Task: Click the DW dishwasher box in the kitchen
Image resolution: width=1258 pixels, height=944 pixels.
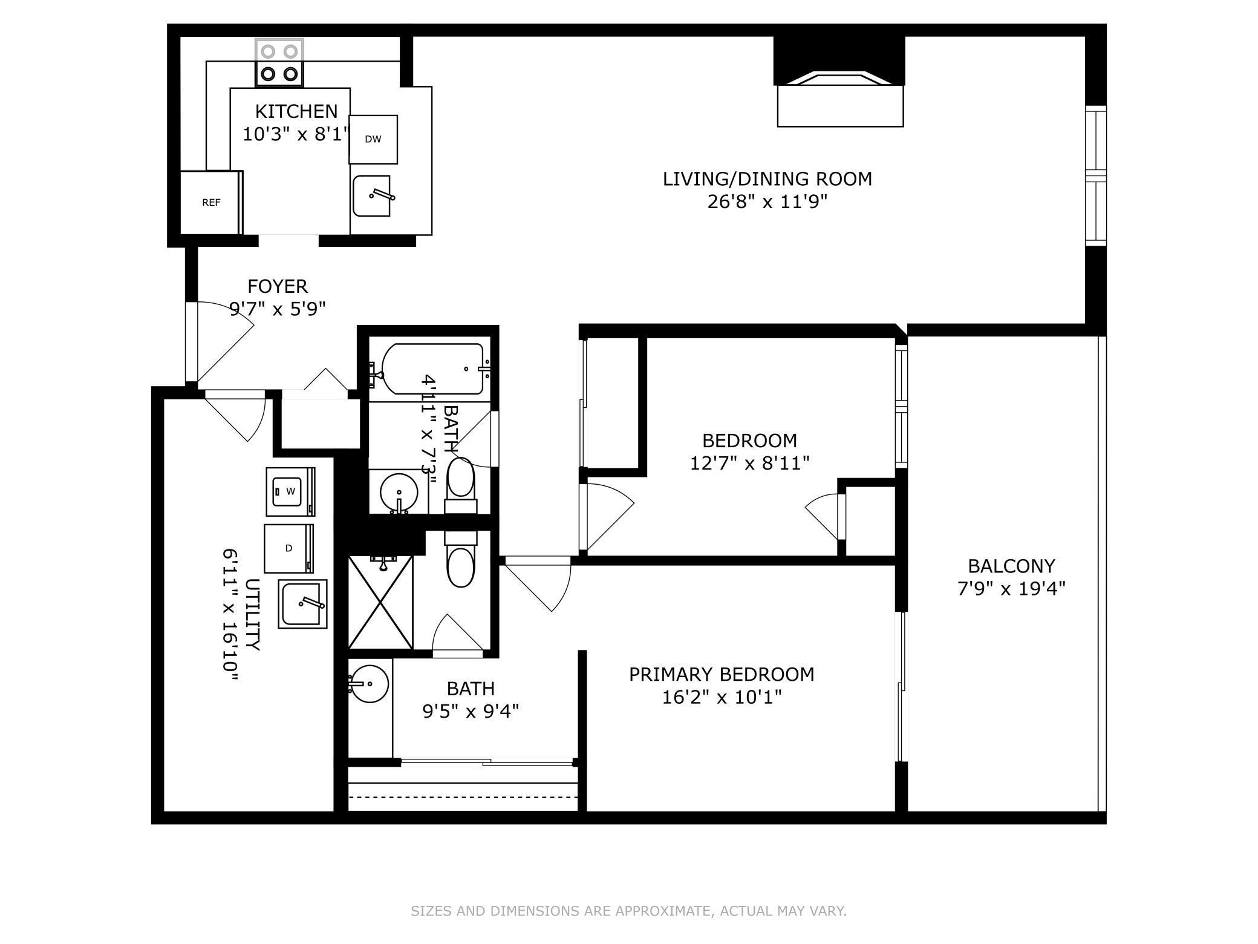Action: point(373,139)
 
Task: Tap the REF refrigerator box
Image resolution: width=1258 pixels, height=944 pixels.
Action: point(212,202)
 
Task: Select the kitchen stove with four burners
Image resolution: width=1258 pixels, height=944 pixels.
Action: point(279,63)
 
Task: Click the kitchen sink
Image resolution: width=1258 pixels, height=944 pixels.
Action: point(372,195)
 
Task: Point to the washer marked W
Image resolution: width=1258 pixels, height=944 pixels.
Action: point(290,491)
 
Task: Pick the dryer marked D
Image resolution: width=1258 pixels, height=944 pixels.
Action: point(289,548)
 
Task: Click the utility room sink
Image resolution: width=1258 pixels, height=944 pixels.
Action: point(302,604)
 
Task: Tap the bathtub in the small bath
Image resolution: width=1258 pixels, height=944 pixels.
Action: point(432,369)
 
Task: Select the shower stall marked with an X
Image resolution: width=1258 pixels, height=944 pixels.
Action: point(380,602)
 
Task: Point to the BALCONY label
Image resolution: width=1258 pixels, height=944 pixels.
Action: point(1011,566)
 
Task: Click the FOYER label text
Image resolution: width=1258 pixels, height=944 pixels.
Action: point(278,286)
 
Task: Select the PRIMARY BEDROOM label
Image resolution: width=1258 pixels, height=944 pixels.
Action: point(722,674)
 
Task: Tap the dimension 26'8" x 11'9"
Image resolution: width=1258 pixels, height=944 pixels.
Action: point(767,202)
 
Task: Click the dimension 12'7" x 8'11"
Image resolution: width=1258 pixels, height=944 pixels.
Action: point(749,463)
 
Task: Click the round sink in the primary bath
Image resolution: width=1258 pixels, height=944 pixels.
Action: point(369,684)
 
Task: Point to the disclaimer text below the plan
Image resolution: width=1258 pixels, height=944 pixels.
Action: point(628,911)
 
